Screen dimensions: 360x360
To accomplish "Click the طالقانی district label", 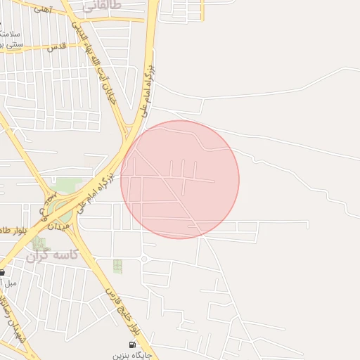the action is point(102,6).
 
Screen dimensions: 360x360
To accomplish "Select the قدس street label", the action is point(56,46).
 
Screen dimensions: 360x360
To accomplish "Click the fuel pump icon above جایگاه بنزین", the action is point(131,345).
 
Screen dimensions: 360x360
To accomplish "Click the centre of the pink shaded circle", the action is point(180,179).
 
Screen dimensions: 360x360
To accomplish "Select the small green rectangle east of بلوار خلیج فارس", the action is point(117,266).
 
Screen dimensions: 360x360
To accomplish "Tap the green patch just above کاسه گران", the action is point(38,243).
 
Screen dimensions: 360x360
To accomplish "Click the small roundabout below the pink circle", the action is point(143,259).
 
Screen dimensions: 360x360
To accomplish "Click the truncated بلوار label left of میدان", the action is point(14,231).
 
